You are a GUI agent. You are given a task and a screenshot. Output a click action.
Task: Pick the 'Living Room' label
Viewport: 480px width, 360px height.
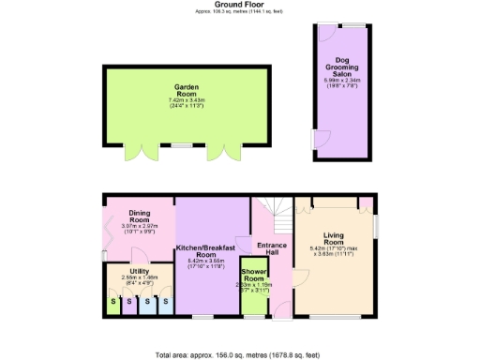click(334, 239)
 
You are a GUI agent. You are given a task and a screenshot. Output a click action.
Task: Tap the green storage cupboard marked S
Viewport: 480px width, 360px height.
click(113, 302)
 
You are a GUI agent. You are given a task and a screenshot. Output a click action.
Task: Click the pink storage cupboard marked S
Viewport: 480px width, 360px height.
click(130, 302)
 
